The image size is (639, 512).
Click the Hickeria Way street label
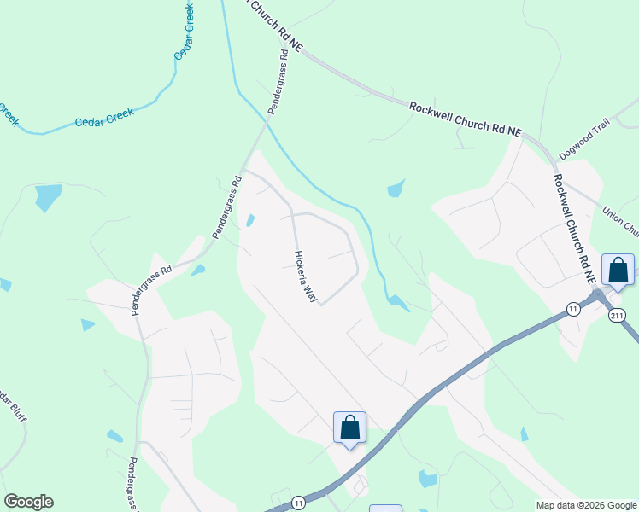pos(306,276)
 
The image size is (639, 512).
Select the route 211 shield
pos(617,316)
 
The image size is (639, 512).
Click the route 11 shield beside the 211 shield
pos(573,308)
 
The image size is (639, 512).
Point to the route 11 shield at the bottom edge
pos(297,503)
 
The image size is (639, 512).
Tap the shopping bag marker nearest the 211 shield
pos(618,271)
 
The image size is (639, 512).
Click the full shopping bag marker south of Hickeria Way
pos(349,428)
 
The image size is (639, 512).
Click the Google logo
pos(28,502)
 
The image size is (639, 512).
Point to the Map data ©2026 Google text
pos(585,505)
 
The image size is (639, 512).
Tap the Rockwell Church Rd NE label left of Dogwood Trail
pos(465,119)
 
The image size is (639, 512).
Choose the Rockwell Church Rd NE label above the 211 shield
pos(572,229)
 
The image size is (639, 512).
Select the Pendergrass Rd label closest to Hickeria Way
pos(226,207)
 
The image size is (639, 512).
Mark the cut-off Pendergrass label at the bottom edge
pos(132,484)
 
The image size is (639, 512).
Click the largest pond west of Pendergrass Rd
pos(48,197)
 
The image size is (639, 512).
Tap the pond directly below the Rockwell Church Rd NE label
pos(396,189)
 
